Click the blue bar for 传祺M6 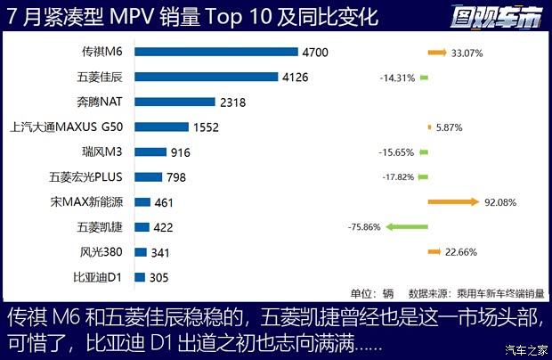pos(217,53)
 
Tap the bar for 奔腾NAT pos(175,102)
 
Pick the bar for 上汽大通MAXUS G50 pos(162,127)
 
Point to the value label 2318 pos(234,102)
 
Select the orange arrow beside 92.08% pos(453,202)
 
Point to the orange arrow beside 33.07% pos(436,53)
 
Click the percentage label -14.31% pos(397,78)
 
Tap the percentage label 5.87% pos(450,127)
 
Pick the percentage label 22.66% pos(465,252)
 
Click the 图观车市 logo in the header pos(500,16)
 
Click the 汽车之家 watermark pos(523,347)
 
